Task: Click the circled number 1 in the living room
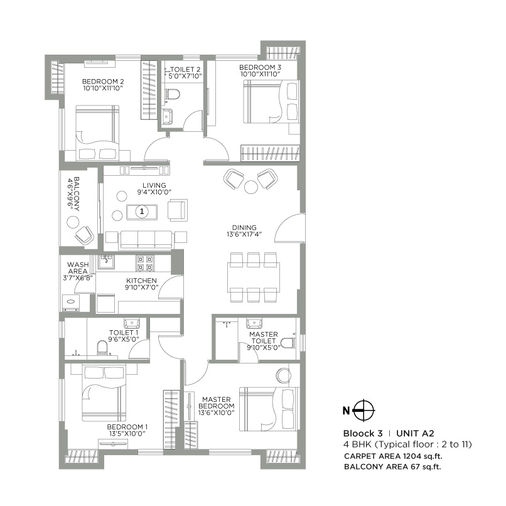(143, 212)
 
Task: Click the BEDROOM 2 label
(103, 81)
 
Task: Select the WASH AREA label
(78, 269)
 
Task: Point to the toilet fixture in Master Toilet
(287, 343)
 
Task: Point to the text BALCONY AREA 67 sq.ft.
(393, 466)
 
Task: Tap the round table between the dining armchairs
(250, 186)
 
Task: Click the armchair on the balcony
(84, 235)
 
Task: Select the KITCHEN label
(141, 281)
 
